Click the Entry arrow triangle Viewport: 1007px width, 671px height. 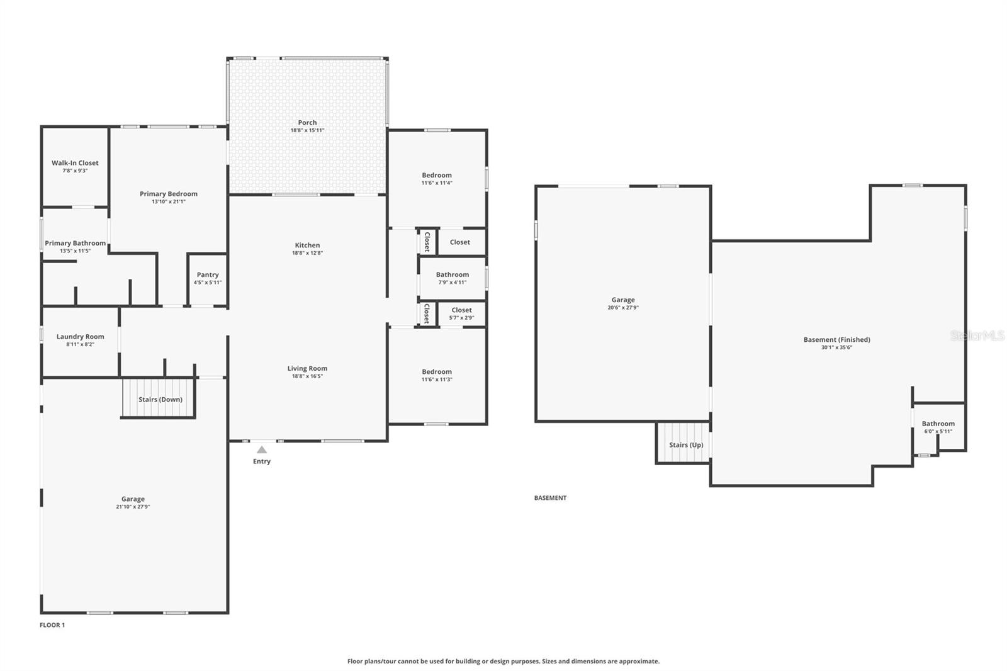(x=262, y=449)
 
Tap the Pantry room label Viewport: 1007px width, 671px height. (x=208, y=275)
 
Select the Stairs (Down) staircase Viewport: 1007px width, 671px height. (x=160, y=398)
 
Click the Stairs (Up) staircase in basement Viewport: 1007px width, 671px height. (x=685, y=444)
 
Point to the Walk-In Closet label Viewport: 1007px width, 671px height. (x=75, y=163)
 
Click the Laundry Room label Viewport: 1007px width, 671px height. (x=80, y=337)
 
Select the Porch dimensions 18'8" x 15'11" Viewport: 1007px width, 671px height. (x=307, y=130)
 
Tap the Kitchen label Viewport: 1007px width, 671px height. (x=307, y=245)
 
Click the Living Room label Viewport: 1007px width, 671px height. (x=307, y=369)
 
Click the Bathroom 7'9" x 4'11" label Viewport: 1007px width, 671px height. (x=453, y=275)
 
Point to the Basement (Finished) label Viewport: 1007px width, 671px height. (x=836, y=340)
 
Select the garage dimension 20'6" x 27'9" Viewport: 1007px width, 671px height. (x=623, y=308)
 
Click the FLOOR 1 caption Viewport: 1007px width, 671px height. (x=52, y=625)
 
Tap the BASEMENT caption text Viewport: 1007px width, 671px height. (x=550, y=498)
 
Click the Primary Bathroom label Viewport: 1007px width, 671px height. (x=75, y=244)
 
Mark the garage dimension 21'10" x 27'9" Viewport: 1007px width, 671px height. (x=133, y=507)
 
